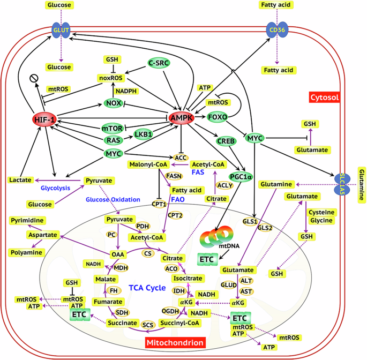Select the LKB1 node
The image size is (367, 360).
coord(144,134)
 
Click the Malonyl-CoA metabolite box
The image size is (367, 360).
coord(146,164)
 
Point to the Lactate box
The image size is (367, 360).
coord(20,180)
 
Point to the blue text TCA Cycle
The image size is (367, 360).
coord(147,288)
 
